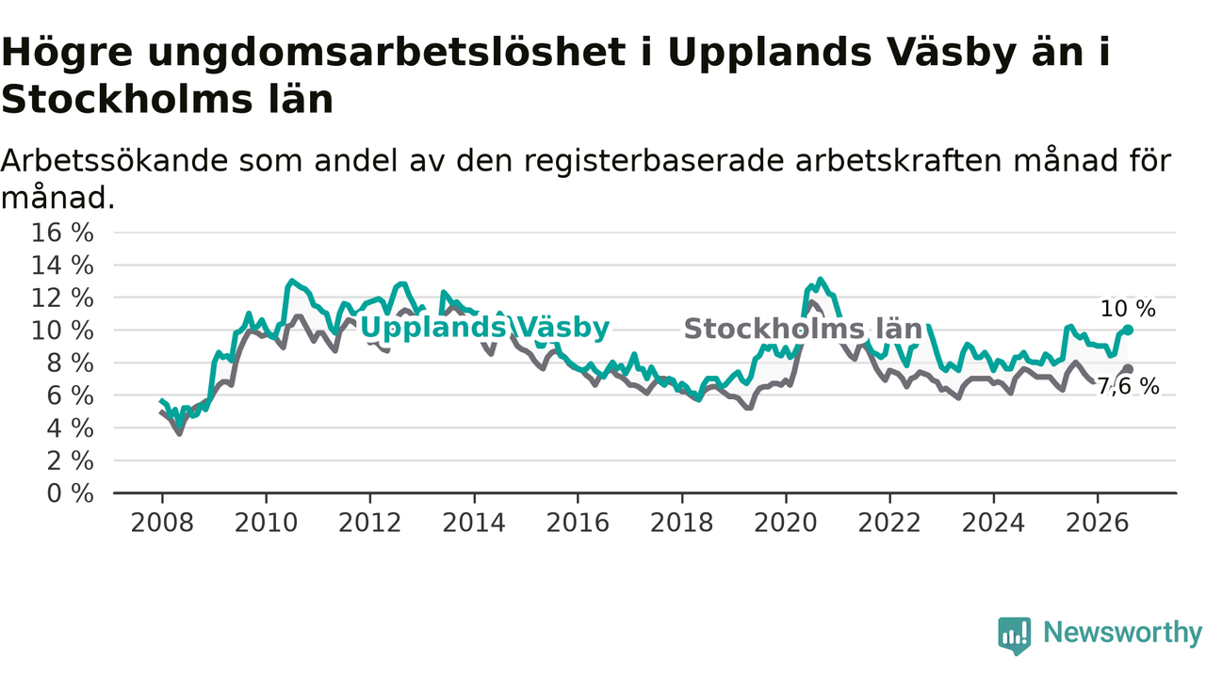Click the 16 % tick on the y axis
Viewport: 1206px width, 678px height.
click(x=62, y=233)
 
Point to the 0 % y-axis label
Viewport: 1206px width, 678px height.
click(x=70, y=493)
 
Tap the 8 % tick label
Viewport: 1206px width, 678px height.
click(x=70, y=363)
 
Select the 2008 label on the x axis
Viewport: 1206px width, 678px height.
click(x=161, y=523)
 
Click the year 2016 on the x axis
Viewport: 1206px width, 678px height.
click(x=578, y=523)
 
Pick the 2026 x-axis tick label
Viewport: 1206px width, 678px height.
click(x=1098, y=523)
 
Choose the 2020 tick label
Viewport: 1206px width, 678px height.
click(x=786, y=523)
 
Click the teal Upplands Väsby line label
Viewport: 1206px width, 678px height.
click(x=484, y=328)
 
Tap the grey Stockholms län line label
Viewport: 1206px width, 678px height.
click(x=803, y=329)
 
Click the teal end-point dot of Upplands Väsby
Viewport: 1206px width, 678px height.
click(x=1128, y=330)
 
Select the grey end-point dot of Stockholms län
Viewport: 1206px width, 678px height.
click(x=1128, y=369)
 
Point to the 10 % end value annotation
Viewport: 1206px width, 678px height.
click(x=1128, y=309)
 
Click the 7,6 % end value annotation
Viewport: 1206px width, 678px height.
click(x=1128, y=386)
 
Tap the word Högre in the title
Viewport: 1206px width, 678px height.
click(x=67, y=54)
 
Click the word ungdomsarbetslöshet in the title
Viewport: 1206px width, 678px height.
click(x=386, y=54)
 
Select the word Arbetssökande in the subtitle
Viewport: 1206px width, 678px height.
click(x=115, y=160)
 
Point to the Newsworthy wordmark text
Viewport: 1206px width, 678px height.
click(x=1122, y=632)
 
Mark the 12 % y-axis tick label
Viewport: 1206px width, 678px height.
click(x=62, y=299)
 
